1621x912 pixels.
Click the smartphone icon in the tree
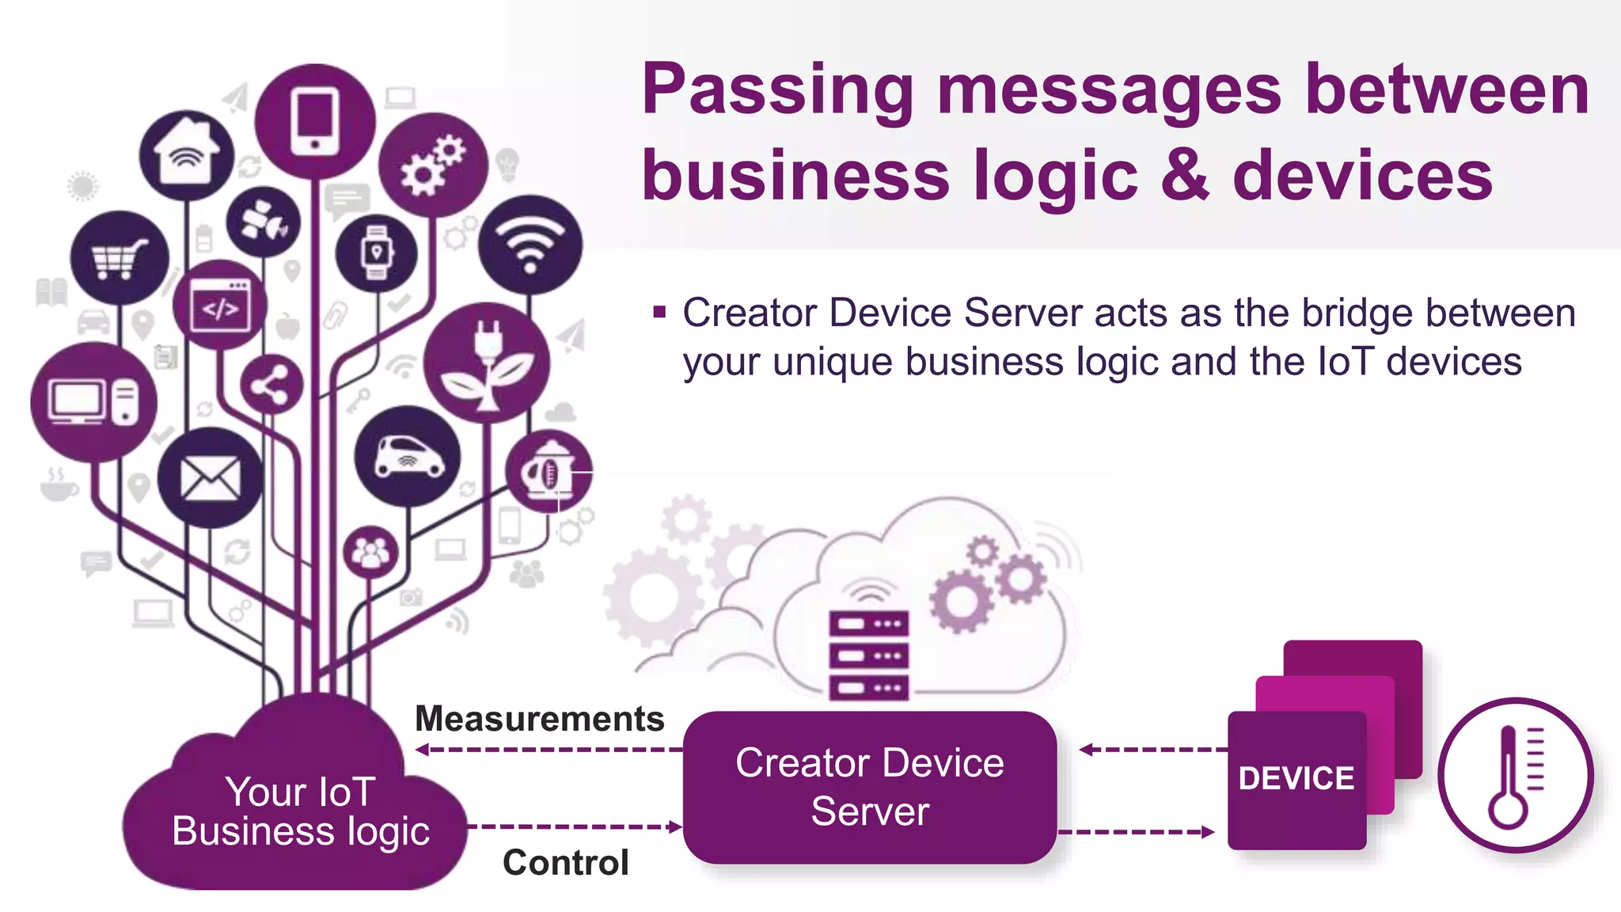click(x=315, y=121)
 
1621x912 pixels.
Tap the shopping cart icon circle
click(x=120, y=258)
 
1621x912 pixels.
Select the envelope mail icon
click(x=210, y=478)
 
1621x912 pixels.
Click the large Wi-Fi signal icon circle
click(x=530, y=245)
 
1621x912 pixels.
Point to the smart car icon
click(x=408, y=457)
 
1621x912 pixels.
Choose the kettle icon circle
click(x=548, y=472)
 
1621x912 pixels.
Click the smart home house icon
click(x=187, y=154)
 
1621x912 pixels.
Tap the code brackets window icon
click(x=221, y=306)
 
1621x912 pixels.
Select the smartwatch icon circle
click(x=377, y=253)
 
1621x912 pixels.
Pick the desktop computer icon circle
click(x=93, y=401)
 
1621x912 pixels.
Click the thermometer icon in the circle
click(x=1515, y=775)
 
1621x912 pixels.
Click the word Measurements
click(x=540, y=719)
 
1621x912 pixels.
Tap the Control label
click(x=566, y=862)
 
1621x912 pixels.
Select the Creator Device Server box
click(x=870, y=787)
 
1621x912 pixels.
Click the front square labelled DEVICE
click(x=1296, y=780)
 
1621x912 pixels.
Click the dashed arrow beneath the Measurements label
click(x=549, y=749)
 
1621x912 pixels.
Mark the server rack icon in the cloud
click(x=868, y=655)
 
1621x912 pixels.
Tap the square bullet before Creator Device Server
click(x=659, y=312)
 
